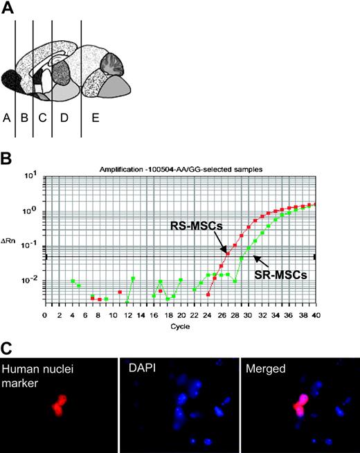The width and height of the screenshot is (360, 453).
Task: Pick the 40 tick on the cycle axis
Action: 316,315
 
